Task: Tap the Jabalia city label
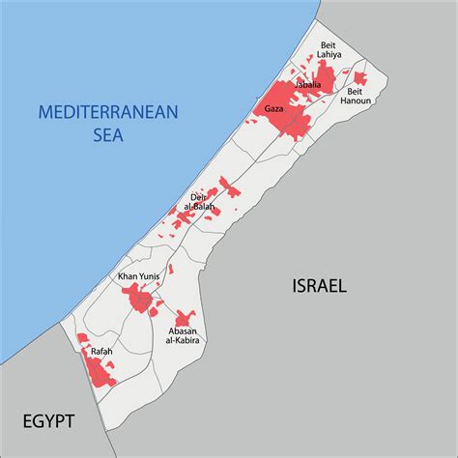[308, 84]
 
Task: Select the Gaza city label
[273, 110]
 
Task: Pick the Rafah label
[100, 351]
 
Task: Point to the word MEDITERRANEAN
[108, 112]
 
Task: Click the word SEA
[108, 135]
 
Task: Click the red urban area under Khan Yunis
[141, 300]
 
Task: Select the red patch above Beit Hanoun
[359, 78]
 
